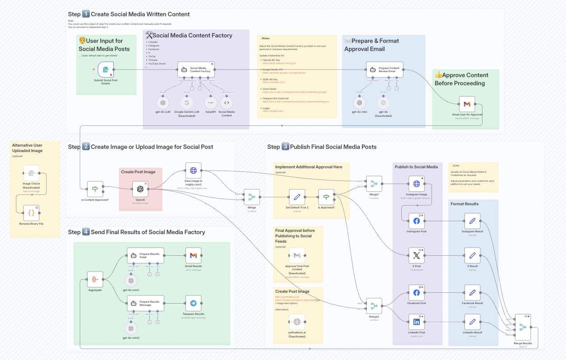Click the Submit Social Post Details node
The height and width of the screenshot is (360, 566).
105,70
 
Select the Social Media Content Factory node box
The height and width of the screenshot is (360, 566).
196,69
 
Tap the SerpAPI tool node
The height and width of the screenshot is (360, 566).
210,103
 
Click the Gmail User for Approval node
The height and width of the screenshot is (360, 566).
467,104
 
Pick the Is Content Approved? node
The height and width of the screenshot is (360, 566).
95,189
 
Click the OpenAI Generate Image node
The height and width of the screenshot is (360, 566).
140,189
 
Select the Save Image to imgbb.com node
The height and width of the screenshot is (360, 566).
193,171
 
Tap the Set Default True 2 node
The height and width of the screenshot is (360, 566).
297,197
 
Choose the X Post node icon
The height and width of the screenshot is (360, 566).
416,255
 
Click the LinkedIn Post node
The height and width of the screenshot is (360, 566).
416,322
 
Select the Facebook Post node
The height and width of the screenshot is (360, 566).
416,293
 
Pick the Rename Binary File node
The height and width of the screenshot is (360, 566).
31,212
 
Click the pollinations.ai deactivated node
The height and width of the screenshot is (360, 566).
297,322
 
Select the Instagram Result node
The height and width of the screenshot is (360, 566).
472,221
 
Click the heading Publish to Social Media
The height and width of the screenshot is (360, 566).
416,167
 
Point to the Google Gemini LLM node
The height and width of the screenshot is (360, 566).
186,103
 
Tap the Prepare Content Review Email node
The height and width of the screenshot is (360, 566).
385,69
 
